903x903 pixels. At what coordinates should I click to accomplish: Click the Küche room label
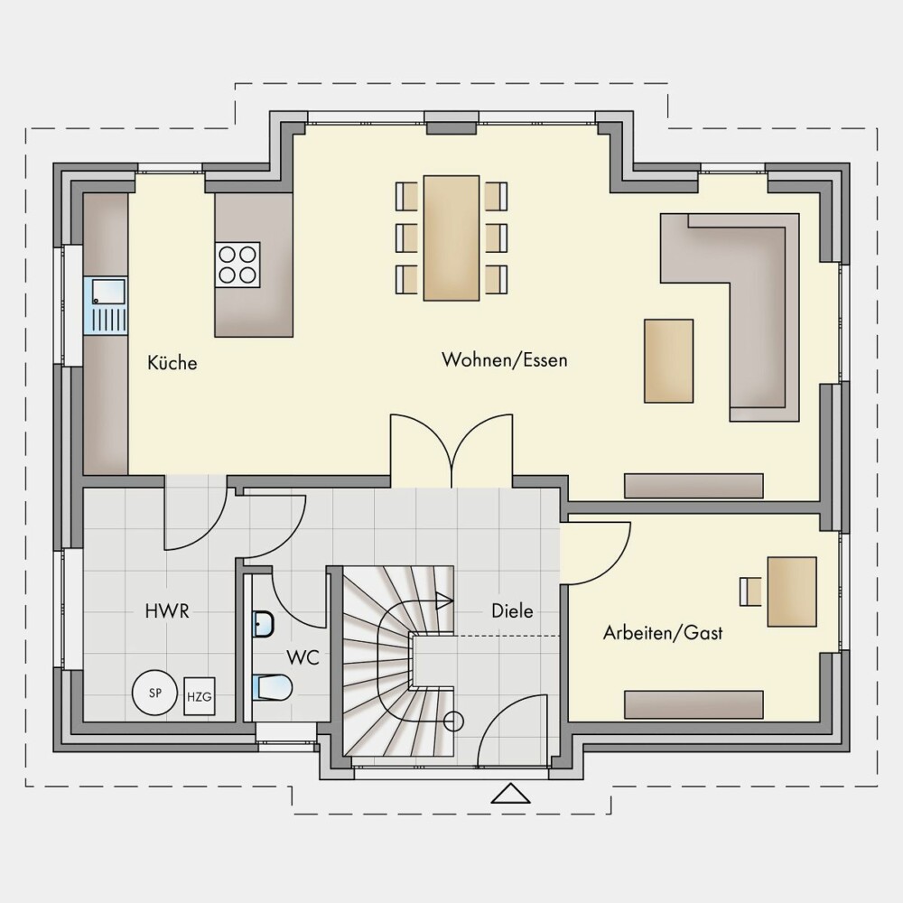172,363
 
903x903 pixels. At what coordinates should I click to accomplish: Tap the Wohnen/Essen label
505,360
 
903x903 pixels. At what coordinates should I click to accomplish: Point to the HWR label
167,611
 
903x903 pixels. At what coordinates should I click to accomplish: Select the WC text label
303,657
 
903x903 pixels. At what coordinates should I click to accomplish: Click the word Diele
512,610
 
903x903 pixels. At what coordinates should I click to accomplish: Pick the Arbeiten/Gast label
663,633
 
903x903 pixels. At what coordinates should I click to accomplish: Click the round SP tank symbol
155,693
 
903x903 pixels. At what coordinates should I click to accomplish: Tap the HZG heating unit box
200,696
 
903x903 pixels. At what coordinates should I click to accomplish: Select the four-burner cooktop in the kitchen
237,265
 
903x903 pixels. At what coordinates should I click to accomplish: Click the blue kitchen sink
106,306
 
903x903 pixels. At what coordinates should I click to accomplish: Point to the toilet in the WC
272,687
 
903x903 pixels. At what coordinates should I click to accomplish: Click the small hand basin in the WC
263,624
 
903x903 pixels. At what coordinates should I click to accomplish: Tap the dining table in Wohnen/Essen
451,237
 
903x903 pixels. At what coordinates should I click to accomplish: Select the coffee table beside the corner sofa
668,361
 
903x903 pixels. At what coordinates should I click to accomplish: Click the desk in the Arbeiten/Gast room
792,591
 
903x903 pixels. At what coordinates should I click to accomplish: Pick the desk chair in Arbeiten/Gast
750,591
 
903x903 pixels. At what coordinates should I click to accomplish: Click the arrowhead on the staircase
445,600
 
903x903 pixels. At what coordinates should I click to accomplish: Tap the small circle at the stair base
454,721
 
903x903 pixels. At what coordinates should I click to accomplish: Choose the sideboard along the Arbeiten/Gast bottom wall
694,703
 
